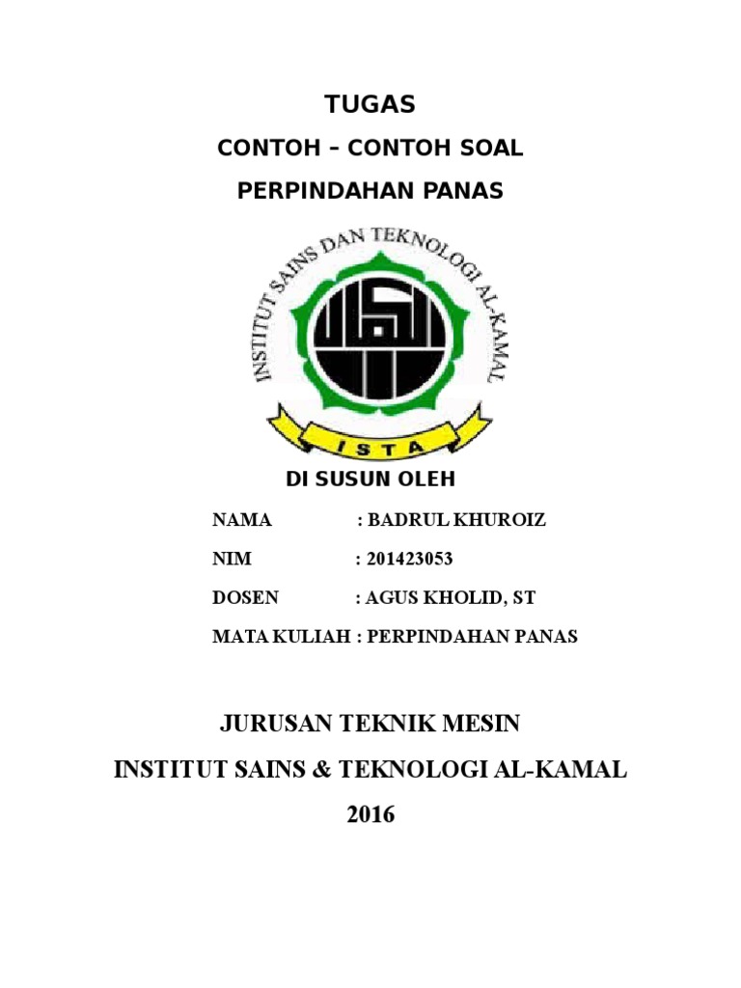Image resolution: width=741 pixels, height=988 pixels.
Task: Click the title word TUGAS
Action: tap(370, 104)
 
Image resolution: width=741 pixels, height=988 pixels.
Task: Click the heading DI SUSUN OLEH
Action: tap(370, 480)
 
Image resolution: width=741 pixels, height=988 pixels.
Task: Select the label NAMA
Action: tap(242, 521)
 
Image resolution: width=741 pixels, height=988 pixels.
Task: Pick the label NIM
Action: tap(229, 560)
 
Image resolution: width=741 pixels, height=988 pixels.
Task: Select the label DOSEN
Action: tap(245, 598)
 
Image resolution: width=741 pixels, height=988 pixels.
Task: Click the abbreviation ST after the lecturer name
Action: tap(524, 598)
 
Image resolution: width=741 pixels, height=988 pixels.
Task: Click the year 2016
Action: tap(370, 814)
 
